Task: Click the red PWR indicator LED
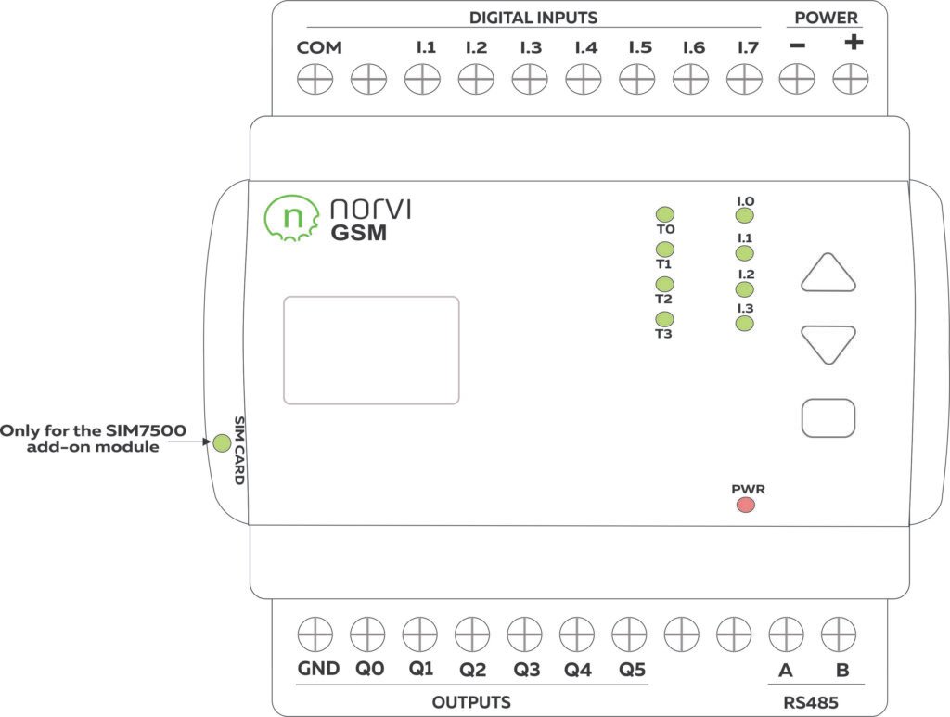[x=745, y=506]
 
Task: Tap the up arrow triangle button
[x=828, y=275]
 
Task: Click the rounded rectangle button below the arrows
[x=828, y=417]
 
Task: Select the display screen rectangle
[x=371, y=350]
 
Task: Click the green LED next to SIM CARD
[x=222, y=442]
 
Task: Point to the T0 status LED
[x=664, y=214]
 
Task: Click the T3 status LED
[x=664, y=319]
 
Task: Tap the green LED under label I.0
[x=744, y=216]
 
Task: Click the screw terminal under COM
[x=315, y=81]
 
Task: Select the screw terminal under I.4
[x=584, y=81]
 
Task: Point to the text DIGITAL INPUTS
[x=533, y=18]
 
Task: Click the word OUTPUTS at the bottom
[x=471, y=702]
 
